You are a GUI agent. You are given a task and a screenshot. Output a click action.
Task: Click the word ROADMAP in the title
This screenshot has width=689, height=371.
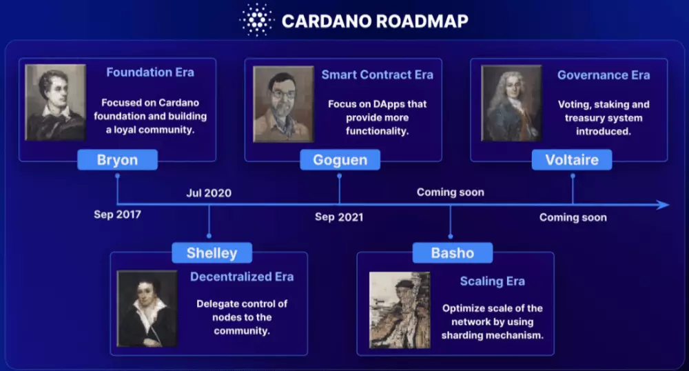[x=422, y=21]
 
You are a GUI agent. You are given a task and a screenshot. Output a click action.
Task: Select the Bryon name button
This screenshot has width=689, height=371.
[x=117, y=160]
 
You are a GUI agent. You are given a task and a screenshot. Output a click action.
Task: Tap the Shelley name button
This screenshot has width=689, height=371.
[x=212, y=253]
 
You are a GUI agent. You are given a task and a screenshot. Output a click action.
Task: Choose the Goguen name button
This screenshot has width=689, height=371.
[x=340, y=160]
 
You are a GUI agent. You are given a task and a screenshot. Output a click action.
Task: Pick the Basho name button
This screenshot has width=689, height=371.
[x=452, y=253]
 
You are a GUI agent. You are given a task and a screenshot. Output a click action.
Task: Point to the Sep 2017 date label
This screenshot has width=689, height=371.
[x=117, y=214]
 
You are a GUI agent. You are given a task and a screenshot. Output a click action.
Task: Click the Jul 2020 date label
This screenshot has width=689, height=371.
[x=208, y=193]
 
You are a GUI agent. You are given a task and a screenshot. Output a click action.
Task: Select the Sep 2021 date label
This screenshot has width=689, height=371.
[x=339, y=217]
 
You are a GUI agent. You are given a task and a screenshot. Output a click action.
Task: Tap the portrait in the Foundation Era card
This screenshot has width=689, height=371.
[x=55, y=103]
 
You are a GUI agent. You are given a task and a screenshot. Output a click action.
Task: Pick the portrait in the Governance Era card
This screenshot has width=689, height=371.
[x=511, y=103]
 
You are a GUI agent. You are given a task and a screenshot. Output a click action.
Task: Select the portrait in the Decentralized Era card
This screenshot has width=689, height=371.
[x=147, y=308]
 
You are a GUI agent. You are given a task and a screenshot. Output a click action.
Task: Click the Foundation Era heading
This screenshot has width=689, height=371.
[x=150, y=72]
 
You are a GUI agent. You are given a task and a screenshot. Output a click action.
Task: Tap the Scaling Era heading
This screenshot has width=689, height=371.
[x=492, y=281]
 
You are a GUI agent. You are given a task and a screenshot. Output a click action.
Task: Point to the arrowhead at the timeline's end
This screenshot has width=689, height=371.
[x=663, y=205]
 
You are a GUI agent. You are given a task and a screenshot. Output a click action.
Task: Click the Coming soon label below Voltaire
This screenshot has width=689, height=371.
[x=573, y=217]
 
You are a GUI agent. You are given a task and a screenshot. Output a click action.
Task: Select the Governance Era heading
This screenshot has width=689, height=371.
[x=603, y=75]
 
